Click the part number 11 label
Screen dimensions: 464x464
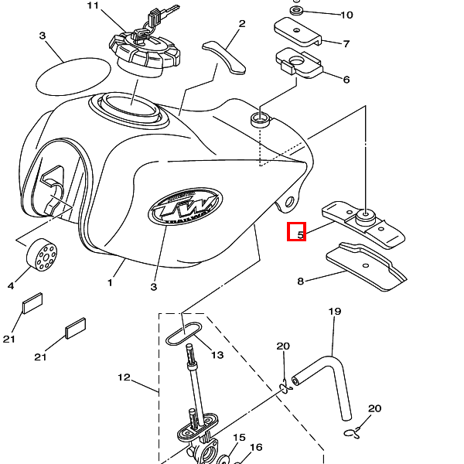click(x=94, y=6)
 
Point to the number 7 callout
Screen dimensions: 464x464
click(x=346, y=44)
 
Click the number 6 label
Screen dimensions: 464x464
click(x=346, y=80)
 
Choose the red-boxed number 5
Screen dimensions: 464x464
click(x=297, y=231)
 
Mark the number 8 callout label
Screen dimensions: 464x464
click(x=301, y=282)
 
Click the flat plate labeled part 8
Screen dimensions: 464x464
click(x=367, y=268)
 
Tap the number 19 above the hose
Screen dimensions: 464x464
click(x=334, y=312)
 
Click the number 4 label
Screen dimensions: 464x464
click(x=11, y=286)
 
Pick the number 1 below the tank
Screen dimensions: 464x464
click(x=110, y=283)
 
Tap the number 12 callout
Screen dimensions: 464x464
click(x=124, y=378)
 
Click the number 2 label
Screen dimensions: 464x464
click(x=241, y=24)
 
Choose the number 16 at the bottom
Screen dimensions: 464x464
click(x=256, y=447)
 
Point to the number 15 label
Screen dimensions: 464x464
click(x=239, y=438)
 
